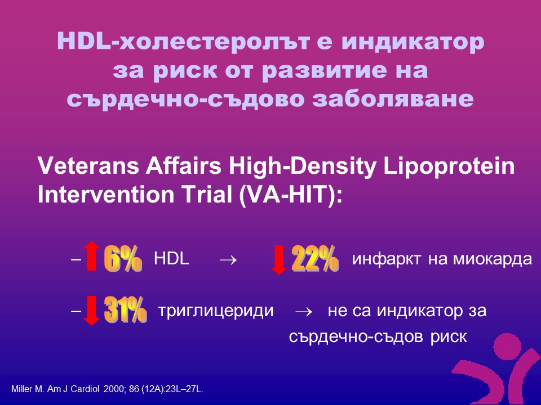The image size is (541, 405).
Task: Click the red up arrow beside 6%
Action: tap(91, 255)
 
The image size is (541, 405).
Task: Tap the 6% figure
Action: tap(123, 258)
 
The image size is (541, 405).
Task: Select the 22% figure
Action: tap(315, 258)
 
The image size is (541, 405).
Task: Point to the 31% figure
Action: tap(125, 309)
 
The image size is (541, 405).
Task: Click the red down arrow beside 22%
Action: tap(279, 260)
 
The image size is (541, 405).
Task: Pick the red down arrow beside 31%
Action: tap(91, 310)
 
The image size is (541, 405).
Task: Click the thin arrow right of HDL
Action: tap(228, 259)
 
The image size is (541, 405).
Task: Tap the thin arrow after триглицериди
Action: tap(304, 312)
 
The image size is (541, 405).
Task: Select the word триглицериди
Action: tap(216, 311)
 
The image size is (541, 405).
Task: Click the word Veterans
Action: tap(88, 165)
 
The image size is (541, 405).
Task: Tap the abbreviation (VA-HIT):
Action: tap(290, 195)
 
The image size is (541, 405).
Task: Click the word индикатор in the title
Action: tap(413, 42)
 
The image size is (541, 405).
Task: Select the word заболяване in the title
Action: tap(393, 99)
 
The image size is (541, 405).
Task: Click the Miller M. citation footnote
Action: tap(107, 389)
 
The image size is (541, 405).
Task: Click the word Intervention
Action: tap(106, 195)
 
